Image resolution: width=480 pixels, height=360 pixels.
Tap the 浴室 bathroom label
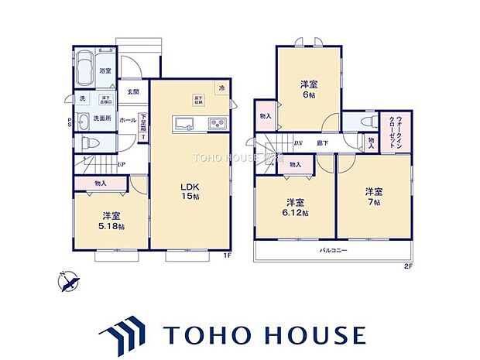[105, 71]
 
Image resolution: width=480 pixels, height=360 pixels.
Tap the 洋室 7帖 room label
[375, 195]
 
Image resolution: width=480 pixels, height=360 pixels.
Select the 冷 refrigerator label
[222, 87]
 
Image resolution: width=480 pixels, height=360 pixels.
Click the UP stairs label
[122, 164]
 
